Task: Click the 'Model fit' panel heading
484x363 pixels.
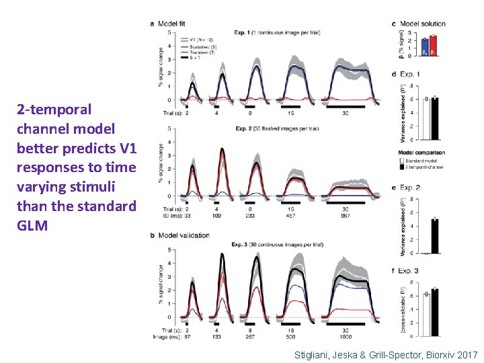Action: pos(172,24)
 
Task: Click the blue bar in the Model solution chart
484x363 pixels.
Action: pos(424,46)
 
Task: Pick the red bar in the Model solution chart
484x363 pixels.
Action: pos(434,45)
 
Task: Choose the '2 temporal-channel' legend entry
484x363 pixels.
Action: pos(422,166)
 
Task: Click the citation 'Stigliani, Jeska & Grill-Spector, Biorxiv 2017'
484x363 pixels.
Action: pos(385,354)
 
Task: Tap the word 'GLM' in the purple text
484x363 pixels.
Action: pos(32,225)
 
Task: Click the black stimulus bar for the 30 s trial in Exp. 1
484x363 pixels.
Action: pos(345,106)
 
